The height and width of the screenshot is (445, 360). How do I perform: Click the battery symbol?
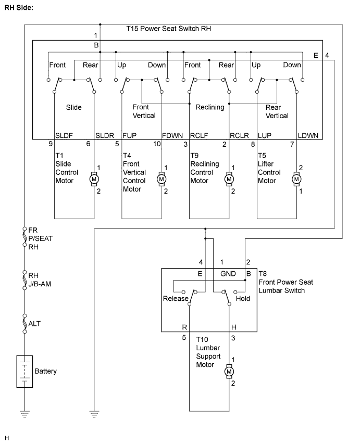(24, 371)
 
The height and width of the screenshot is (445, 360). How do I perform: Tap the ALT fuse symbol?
(24, 324)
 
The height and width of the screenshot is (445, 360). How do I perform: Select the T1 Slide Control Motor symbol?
(94, 179)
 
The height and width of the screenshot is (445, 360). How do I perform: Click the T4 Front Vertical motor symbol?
(162, 179)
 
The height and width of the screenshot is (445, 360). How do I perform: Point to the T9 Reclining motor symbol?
(229, 179)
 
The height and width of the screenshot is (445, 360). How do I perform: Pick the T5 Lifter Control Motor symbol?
(296, 179)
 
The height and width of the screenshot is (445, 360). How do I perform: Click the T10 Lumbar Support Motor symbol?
(229, 372)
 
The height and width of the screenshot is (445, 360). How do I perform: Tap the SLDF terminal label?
(64, 136)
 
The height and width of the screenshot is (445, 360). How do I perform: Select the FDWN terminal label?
(172, 136)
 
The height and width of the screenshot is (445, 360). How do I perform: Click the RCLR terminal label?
(239, 136)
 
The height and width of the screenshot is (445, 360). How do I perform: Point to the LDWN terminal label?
(308, 136)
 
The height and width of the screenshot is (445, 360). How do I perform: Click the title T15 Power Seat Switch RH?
(169, 29)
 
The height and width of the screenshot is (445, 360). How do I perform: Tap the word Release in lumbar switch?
(176, 299)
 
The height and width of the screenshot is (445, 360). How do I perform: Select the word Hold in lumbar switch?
(243, 299)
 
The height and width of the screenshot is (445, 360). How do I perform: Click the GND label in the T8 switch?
(228, 274)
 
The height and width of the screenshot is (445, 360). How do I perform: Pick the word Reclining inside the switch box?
(210, 107)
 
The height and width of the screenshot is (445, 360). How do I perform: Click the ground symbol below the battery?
(24, 414)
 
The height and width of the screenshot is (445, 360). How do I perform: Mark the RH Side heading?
(19, 8)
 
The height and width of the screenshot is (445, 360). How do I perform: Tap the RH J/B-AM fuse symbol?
(24, 280)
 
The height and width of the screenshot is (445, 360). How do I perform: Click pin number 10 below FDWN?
(157, 144)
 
